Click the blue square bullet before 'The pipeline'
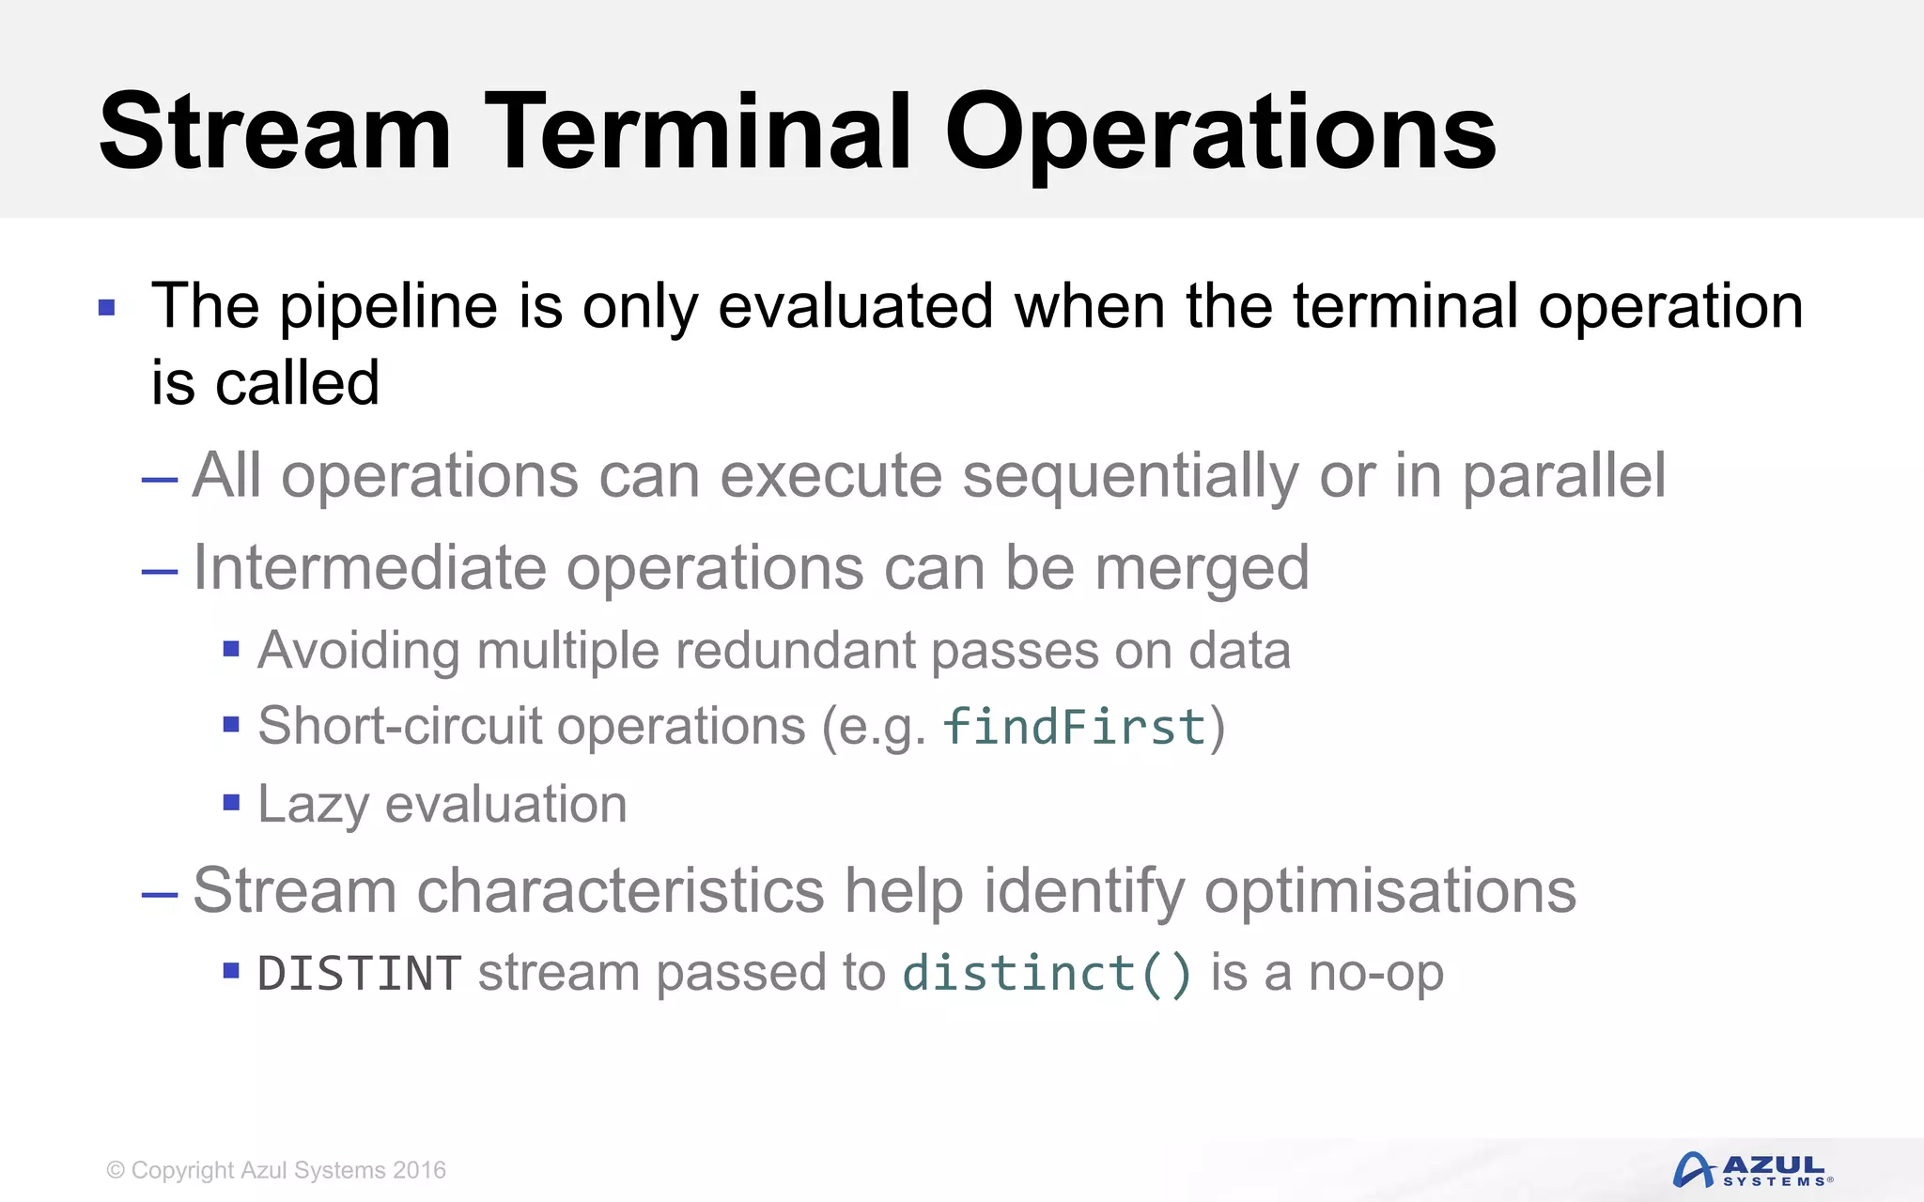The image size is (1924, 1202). point(106,307)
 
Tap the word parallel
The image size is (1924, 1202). point(1563,475)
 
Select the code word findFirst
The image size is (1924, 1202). point(1074,728)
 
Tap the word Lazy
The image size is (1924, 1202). point(313,805)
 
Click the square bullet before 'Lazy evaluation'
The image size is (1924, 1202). point(231,803)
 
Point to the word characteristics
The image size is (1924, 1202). point(620,890)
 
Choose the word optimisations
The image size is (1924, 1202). point(1389,890)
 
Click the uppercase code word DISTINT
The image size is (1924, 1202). point(359,973)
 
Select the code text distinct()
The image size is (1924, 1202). point(1047,973)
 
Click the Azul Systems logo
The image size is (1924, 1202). point(1753,1170)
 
